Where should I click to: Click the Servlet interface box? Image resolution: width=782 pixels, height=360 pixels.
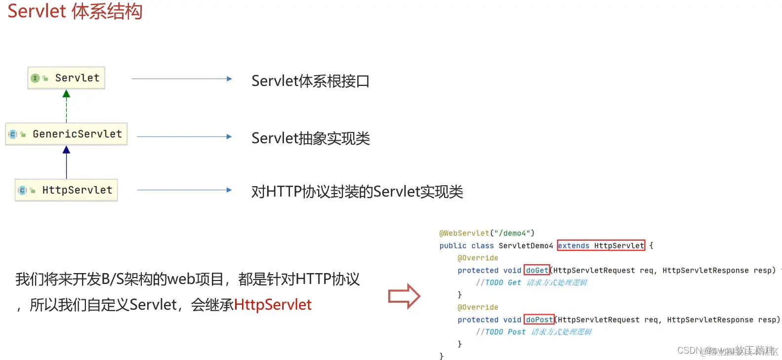67,78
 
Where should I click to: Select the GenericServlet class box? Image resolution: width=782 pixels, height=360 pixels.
67,134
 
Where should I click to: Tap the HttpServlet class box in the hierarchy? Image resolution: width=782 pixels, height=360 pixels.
67,190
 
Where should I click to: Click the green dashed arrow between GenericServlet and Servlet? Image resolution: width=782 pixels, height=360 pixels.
67,106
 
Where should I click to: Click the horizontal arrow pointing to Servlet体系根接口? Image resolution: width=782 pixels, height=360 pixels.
181,79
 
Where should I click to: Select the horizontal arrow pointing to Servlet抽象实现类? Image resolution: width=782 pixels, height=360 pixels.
184,137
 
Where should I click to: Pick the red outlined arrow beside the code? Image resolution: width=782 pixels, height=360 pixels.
404,296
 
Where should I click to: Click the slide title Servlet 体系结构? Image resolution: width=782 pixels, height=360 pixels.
75,11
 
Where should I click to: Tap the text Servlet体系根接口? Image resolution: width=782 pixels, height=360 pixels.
310,81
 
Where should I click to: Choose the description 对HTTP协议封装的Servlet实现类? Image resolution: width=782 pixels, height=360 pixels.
357,192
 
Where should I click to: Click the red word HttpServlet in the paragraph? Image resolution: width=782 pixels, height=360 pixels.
273,305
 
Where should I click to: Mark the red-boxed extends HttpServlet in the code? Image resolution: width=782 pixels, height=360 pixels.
601,245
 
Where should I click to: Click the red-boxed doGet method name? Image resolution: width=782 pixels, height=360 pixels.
537,270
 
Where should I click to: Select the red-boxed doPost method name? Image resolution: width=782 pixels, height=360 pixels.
539,320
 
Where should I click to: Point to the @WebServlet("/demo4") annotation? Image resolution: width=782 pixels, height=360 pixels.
487,233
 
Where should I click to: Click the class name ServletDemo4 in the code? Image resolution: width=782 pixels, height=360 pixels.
526,245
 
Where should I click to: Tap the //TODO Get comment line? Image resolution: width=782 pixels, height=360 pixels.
531,282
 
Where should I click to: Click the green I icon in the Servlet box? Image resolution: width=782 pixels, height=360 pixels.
35,78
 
